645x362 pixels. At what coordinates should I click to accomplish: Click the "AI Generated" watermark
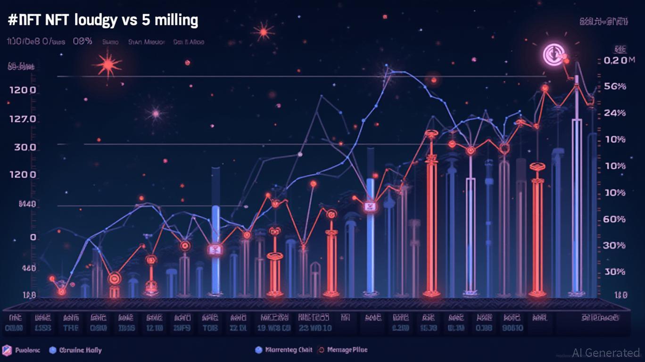point(606,353)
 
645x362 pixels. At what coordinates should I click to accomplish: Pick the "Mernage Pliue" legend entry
point(347,350)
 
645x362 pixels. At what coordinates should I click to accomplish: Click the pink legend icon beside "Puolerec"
point(7,350)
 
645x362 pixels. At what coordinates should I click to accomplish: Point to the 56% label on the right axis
point(615,87)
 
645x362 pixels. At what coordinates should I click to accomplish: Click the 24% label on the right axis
point(615,113)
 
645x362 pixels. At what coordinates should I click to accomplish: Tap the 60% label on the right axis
point(615,219)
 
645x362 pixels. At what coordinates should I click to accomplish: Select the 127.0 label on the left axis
point(22,119)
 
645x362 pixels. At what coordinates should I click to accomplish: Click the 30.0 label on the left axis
point(25,147)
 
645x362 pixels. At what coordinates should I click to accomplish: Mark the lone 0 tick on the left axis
point(33,238)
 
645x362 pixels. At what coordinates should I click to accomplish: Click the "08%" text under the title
point(83,41)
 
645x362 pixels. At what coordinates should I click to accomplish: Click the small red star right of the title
point(263,32)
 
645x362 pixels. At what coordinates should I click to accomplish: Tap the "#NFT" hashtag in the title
point(22,21)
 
